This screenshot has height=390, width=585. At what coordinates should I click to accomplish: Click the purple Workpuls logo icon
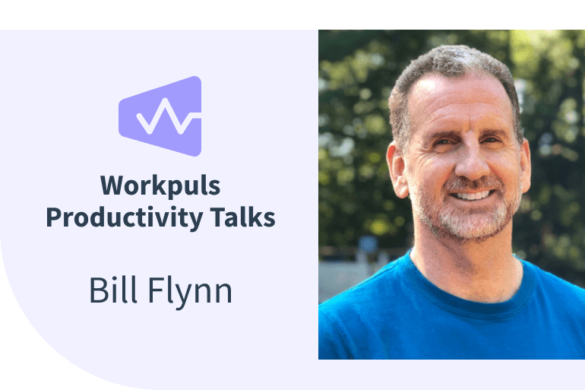tap(160, 116)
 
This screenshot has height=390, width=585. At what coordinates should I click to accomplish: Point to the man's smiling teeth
tap(471, 195)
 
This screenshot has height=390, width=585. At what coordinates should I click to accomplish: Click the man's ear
tap(396, 161)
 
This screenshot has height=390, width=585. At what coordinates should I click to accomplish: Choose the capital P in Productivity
tap(53, 217)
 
